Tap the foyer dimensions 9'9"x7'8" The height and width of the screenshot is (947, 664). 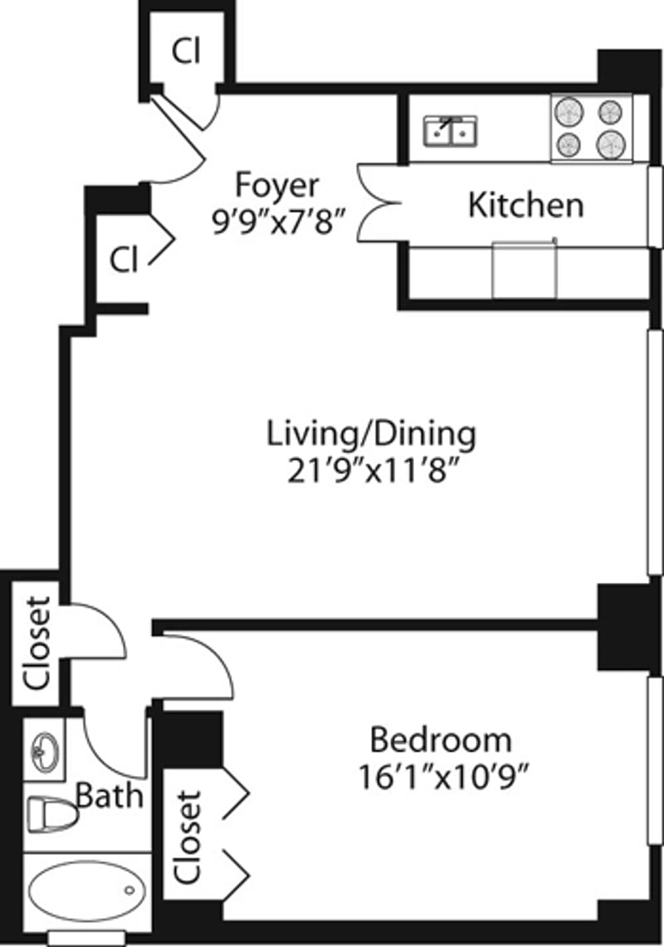(x=278, y=222)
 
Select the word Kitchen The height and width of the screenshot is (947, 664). (x=525, y=206)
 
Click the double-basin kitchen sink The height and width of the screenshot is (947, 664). (x=450, y=131)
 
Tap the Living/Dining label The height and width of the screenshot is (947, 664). (x=371, y=434)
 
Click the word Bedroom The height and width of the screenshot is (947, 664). (x=441, y=738)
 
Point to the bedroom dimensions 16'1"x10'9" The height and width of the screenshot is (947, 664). (x=444, y=777)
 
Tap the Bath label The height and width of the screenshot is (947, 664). (x=110, y=797)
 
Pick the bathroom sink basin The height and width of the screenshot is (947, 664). (x=44, y=753)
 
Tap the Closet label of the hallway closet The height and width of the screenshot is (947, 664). (x=37, y=643)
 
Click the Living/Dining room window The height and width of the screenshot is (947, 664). (x=655, y=452)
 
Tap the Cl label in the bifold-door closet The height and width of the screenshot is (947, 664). (x=123, y=260)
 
